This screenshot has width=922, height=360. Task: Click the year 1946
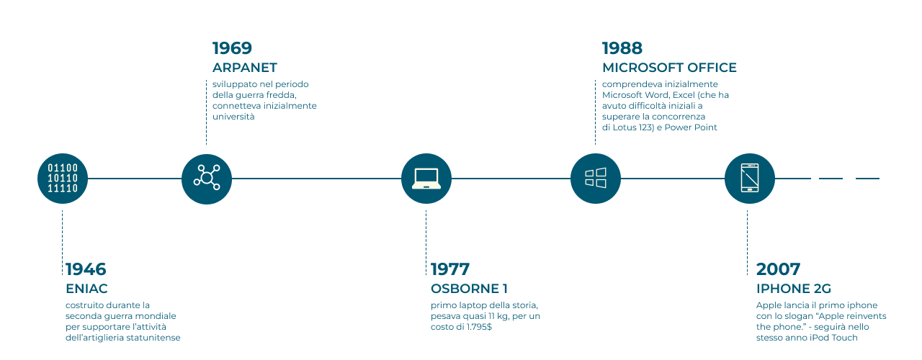pos(86,269)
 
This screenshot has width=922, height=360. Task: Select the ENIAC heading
pos(86,289)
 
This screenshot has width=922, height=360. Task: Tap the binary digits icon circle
pos(63,179)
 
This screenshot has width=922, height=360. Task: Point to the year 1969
pos(232,48)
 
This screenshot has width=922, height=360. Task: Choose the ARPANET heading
pos(245,68)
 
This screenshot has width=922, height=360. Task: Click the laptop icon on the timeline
pos(426,179)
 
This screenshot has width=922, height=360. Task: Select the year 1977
pos(450,269)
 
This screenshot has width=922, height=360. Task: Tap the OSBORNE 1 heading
pos(469,289)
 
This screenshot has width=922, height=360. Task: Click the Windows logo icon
pos(596,179)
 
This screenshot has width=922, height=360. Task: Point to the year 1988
pos(622,48)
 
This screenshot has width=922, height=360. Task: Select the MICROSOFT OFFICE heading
pos(669,68)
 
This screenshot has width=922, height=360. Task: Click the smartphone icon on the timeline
pos(750,179)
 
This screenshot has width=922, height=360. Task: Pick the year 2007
pos(778,269)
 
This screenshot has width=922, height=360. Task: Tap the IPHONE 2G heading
pos(794,289)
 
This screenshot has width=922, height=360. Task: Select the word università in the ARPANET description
pos(233,117)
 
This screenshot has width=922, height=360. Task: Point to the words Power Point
pos(691,127)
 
